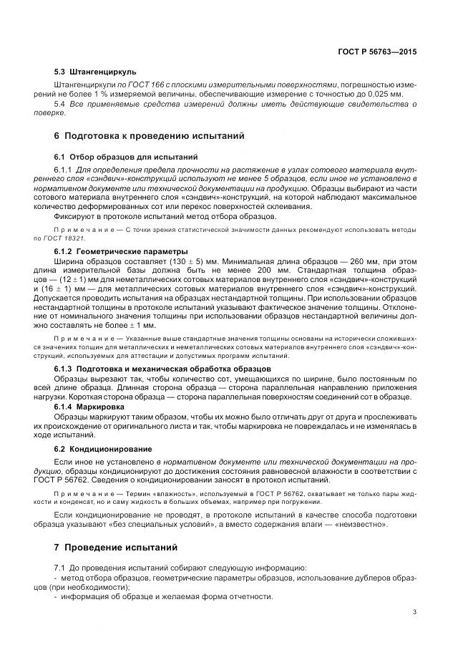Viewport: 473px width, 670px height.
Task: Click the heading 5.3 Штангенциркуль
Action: coord(94,72)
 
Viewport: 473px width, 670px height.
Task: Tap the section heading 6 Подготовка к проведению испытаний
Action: coord(149,135)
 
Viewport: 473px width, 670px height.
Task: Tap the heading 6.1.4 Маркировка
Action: coord(88,407)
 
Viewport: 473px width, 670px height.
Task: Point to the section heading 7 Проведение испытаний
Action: coord(115,548)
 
